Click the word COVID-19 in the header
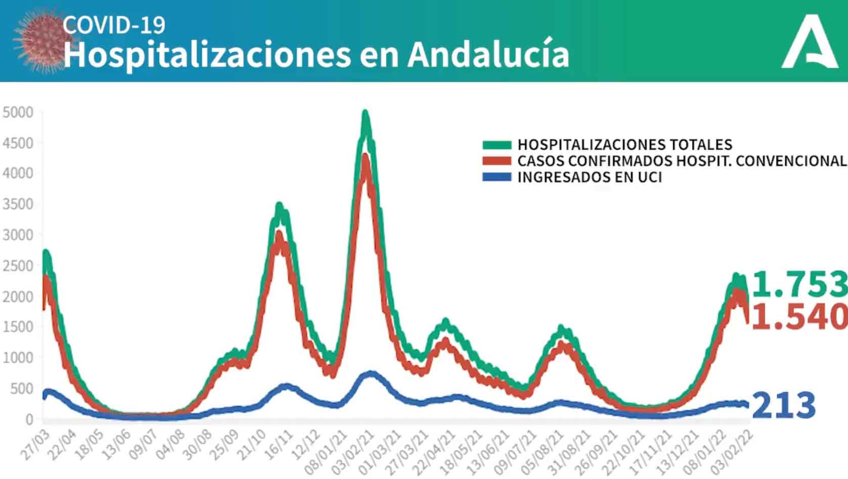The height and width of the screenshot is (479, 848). click(114, 25)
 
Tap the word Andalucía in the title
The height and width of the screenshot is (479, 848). click(488, 55)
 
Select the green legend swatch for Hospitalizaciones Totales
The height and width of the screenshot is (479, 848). click(497, 145)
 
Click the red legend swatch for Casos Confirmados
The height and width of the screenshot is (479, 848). click(497, 161)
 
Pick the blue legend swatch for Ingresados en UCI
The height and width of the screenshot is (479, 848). click(497, 177)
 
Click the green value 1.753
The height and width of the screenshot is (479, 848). click(799, 284)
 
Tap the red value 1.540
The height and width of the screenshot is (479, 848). click(799, 317)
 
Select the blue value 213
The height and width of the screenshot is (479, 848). click(784, 405)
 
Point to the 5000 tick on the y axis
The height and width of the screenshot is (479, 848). click(18, 112)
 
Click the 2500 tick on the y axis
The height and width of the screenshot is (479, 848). click(18, 266)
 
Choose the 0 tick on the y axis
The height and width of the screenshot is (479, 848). click(29, 419)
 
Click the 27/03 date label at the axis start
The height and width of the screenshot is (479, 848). click(36, 446)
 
